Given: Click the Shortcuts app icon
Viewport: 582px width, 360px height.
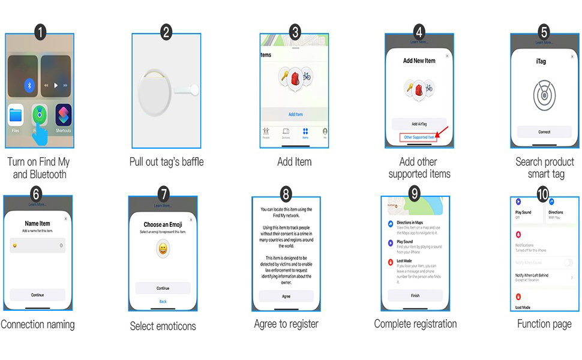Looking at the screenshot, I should [64, 115].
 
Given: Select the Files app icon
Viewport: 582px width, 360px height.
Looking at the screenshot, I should [16, 115].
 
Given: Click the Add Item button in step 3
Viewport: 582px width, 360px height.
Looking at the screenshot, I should [295, 114].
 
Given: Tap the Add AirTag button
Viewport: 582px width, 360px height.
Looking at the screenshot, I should [419, 124].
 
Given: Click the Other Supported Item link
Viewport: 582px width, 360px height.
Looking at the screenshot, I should [419, 137].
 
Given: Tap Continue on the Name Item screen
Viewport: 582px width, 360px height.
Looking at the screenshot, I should [38, 295].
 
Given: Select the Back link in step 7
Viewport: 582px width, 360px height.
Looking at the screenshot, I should [163, 301].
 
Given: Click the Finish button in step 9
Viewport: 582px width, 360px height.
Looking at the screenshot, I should [415, 295].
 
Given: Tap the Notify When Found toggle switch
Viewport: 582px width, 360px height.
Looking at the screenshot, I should [568, 263].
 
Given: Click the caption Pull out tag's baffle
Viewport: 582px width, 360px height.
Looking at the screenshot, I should [166, 162].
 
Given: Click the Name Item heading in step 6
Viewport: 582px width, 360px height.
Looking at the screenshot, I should [38, 224].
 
